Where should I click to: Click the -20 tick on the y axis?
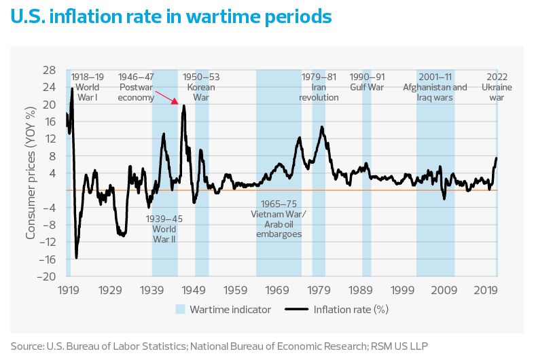tap(50, 276)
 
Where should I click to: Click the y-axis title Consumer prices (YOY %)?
tap(31, 173)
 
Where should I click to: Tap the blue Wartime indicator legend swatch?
tap(181, 310)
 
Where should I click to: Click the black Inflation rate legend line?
tap(297, 310)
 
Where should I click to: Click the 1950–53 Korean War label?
tap(201, 87)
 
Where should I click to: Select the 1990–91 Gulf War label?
tap(367, 82)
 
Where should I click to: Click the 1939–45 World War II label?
tap(164, 229)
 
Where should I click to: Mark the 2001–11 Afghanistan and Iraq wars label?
tap(435, 87)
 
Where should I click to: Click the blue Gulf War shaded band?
tap(367, 204)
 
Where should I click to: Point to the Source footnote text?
tap(219, 344)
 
